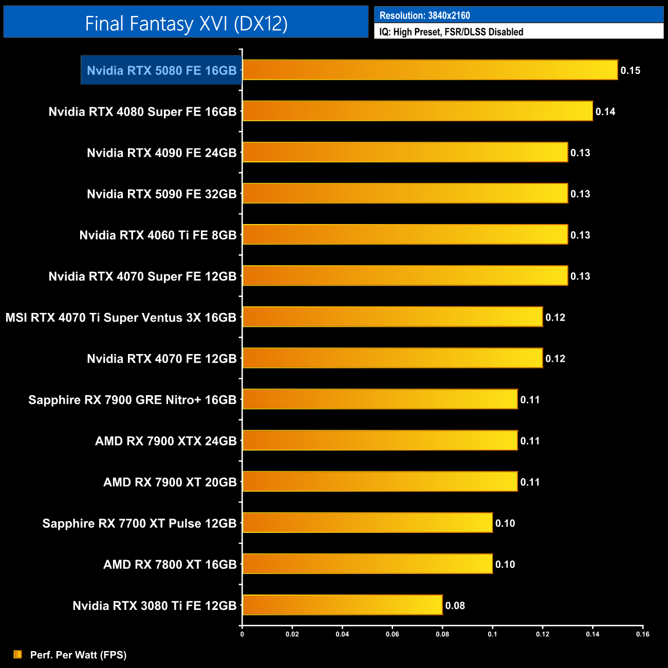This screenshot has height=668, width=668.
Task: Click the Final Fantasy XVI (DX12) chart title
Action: [x=186, y=23]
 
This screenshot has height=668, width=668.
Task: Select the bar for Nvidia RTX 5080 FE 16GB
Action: [x=430, y=70]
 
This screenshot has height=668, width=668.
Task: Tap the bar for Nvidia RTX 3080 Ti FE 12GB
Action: [x=342, y=605]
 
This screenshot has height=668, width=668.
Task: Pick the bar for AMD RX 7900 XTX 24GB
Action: [x=380, y=440]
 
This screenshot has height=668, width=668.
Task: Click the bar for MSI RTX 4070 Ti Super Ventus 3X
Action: [x=392, y=317]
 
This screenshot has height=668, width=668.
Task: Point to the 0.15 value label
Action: [x=630, y=70]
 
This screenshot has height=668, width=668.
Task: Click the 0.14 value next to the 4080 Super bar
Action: [x=605, y=112]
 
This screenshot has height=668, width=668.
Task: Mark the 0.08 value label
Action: [x=455, y=605]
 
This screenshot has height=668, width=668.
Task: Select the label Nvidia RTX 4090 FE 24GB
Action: [x=161, y=153]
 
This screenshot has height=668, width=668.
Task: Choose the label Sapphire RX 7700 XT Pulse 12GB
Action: [x=139, y=523]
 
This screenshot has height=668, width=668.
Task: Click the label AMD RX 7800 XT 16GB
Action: [x=170, y=564]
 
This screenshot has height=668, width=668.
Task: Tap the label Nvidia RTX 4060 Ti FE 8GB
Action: [x=158, y=235]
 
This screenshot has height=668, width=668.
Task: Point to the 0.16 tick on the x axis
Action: [x=642, y=634]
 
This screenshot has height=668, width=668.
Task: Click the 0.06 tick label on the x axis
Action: [x=392, y=634]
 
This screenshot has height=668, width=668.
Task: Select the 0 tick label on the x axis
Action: [x=242, y=634]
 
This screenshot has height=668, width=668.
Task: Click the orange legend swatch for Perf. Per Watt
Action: [x=18, y=654]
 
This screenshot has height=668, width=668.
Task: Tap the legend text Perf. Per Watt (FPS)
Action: [x=78, y=655]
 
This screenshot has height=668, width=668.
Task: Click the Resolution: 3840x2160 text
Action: [x=424, y=15]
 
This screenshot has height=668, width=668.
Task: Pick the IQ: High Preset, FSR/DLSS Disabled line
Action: [x=451, y=32]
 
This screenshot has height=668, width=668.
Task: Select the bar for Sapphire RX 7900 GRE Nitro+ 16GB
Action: [x=380, y=399]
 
